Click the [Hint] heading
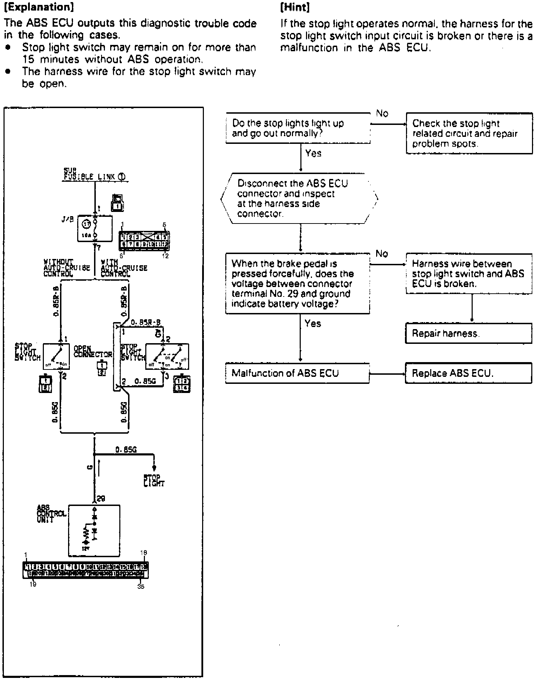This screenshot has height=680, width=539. (x=295, y=7)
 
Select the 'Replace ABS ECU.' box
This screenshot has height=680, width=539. (x=468, y=373)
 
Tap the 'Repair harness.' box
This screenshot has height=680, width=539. (x=468, y=333)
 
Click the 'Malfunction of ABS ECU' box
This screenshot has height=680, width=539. (x=297, y=373)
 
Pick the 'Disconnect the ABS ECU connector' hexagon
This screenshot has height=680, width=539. (x=299, y=199)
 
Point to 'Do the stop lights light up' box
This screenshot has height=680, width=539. (x=298, y=128)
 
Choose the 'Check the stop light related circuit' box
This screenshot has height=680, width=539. (x=469, y=133)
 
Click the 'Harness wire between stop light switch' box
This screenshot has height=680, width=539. (x=469, y=274)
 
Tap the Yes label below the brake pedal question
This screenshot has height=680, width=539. (x=313, y=323)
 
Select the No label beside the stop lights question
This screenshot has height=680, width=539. (x=382, y=113)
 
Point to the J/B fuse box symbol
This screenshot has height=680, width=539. (x=95, y=229)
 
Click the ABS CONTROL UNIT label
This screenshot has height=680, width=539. (x=51, y=514)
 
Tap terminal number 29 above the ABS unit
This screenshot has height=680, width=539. (x=101, y=499)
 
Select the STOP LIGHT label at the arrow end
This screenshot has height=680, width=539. (x=154, y=481)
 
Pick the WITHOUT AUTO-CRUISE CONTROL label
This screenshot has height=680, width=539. (x=67, y=268)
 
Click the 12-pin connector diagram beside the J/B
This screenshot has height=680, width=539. (x=144, y=240)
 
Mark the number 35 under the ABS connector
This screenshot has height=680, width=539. (x=141, y=586)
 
